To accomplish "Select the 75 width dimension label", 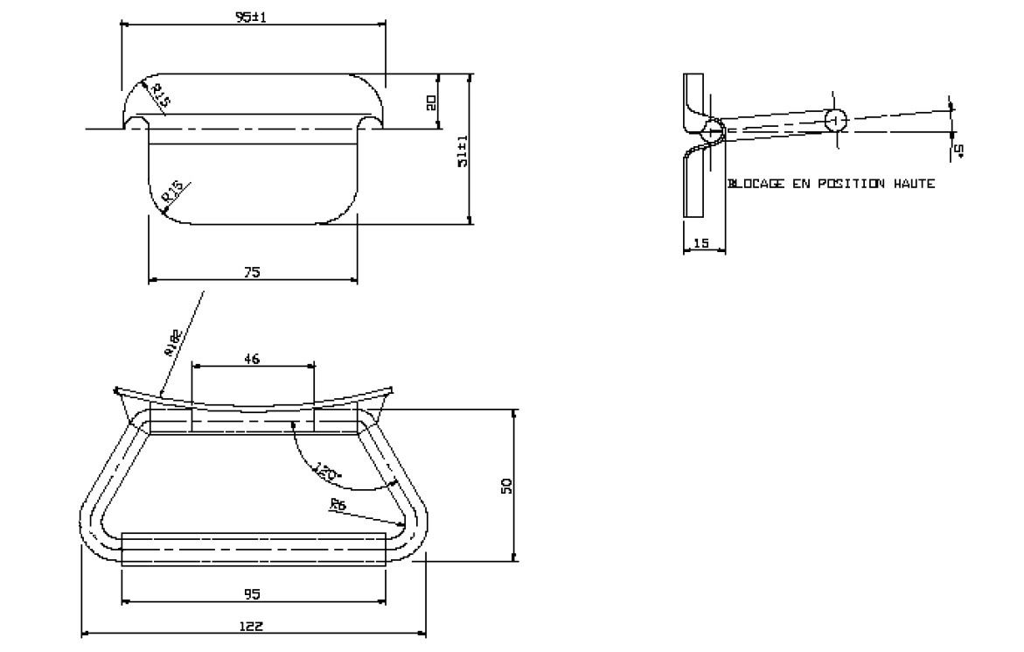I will point(252,272).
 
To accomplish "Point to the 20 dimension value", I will point(431,102).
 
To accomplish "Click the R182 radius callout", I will point(171,344).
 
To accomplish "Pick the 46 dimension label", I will point(253,358).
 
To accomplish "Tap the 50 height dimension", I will point(505,485).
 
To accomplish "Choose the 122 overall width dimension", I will point(252,626).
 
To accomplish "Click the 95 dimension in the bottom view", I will point(253,594).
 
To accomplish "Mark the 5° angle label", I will point(959,151).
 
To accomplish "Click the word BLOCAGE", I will point(756,184).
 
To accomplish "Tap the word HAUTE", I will point(914,184).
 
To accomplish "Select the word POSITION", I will point(846,184).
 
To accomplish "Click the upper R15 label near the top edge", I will point(160,95).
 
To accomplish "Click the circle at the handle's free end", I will point(835,120).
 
